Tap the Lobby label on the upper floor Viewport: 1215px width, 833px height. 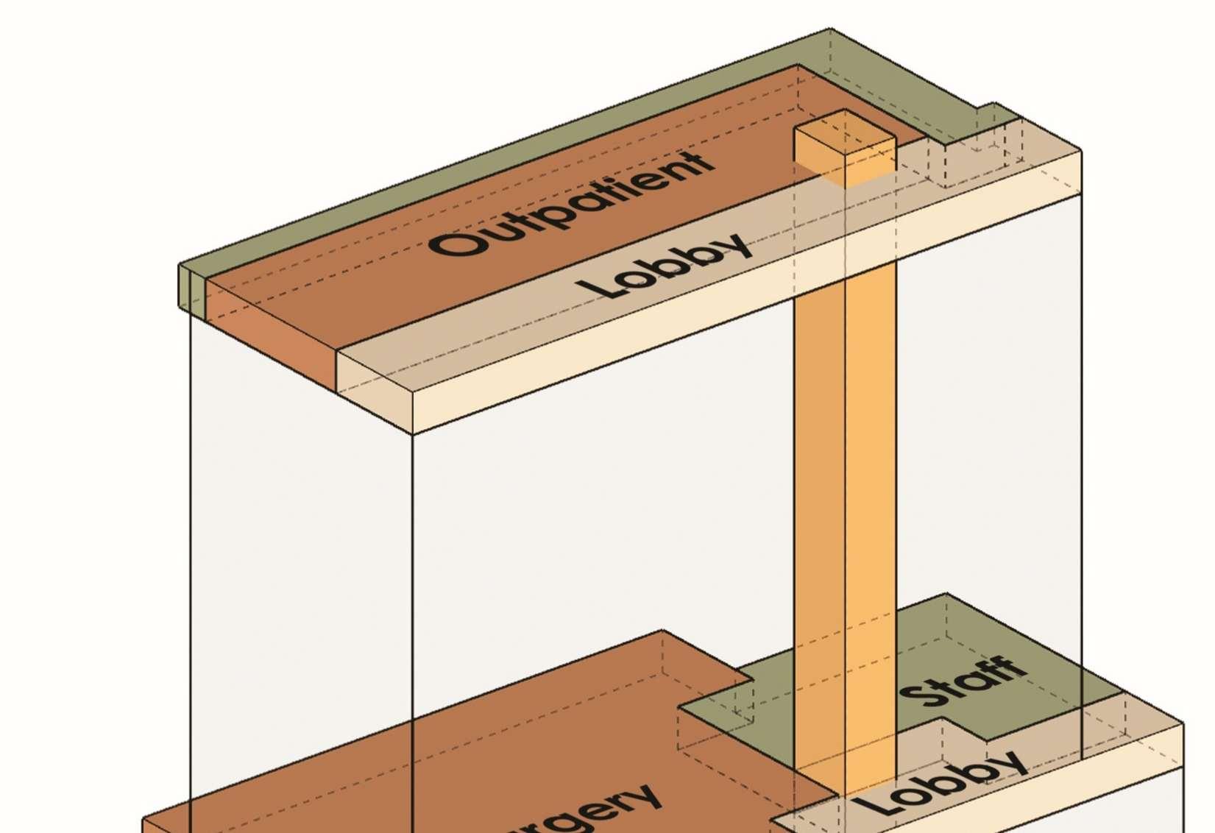(x=666, y=266)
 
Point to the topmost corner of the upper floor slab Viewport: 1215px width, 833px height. (x=831, y=29)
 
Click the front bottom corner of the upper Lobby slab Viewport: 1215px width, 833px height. (x=413, y=434)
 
